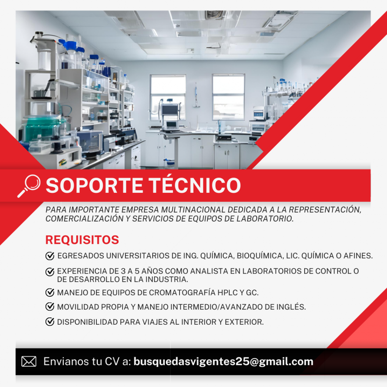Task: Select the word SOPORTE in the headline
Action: tap(94, 185)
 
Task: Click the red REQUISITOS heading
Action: tap(82, 240)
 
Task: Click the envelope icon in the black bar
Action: tap(29, 362)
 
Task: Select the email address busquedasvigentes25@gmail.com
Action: tap(223, 362)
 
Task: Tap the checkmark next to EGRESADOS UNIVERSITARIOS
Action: tap(50, 256)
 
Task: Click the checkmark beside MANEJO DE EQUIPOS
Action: tap(50, 293)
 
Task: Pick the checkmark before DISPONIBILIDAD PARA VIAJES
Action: tap(50, 322)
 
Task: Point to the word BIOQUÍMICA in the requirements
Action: tap(260, 256)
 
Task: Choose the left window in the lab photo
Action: tap(168, 97)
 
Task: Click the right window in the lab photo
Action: tap(229, 97)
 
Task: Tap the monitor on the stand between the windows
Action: tap(170, 110)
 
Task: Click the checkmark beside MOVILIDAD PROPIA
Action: tap(50, 307)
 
